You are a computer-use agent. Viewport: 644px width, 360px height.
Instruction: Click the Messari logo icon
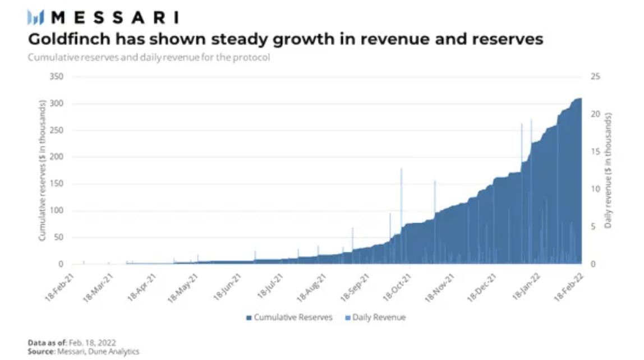coord(36,18)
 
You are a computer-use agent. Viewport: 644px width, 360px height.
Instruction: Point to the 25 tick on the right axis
coord(596,77)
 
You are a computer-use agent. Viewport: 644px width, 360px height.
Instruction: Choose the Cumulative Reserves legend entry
coord(289,317)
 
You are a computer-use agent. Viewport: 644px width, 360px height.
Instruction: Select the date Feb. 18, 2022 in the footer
coord(92,342)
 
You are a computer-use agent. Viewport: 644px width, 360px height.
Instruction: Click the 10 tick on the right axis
coord(596,189)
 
